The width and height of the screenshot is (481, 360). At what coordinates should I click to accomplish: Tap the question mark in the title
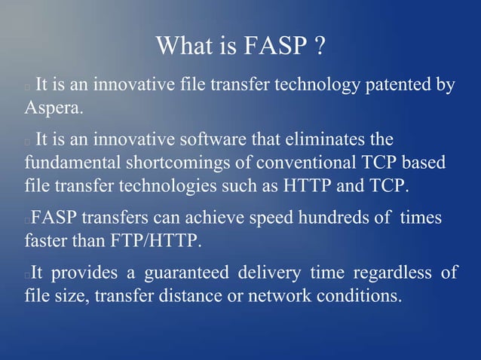coord(320,46)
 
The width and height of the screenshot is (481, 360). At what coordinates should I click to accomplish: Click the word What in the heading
coord(184,46)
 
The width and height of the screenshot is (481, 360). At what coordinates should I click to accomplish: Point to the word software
coord(213,140)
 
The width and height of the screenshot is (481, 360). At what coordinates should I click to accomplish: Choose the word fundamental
coord(70,163)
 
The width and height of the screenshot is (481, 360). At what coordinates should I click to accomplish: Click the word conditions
coord(361,295)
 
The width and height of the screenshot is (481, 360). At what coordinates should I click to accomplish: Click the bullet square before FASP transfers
coord(27,221)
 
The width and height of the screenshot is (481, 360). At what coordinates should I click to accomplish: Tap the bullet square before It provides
coord(27,275)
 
